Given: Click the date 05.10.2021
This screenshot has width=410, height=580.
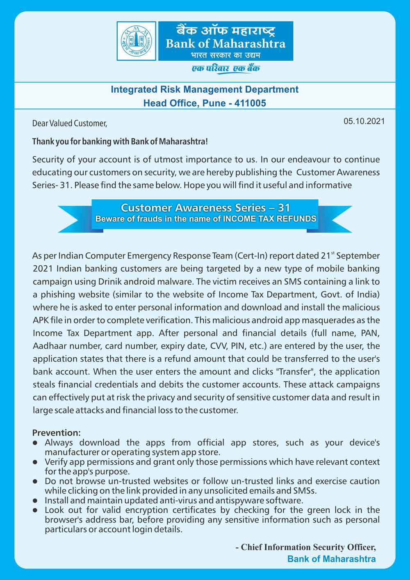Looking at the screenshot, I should click(364, 121).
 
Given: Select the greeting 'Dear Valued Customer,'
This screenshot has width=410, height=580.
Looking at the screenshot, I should click(70, 123).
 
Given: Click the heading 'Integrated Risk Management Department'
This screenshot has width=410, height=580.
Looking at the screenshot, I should click(205, 89).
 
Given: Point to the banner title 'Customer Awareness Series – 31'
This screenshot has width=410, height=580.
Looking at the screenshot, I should click(205, 208).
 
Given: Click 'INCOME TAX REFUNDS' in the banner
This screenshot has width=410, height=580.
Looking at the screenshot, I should click(269, 219).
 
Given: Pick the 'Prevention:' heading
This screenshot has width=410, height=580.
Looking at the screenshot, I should click(57, 433).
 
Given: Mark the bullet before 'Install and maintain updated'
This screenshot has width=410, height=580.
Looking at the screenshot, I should click(36, 501).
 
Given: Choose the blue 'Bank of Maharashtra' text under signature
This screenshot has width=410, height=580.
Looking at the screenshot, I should click(331, 559).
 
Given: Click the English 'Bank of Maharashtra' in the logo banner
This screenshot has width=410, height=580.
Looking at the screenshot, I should click(225, 43).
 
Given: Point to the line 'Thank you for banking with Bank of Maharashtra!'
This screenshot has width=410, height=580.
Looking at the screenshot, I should click(120, 142).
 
